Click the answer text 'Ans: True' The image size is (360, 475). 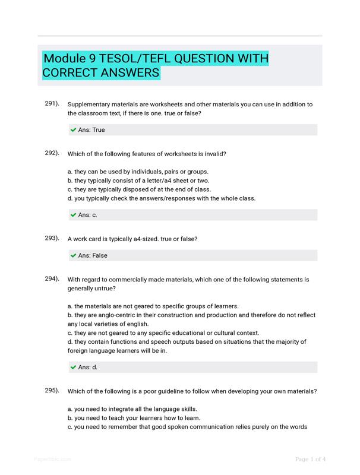click(91, 129)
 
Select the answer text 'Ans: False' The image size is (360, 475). click(93, 255)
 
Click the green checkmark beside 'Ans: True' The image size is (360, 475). click(73, 129)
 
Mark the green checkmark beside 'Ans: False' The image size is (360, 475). click(73, 255)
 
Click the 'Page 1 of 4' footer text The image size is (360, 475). click(311, 459)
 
